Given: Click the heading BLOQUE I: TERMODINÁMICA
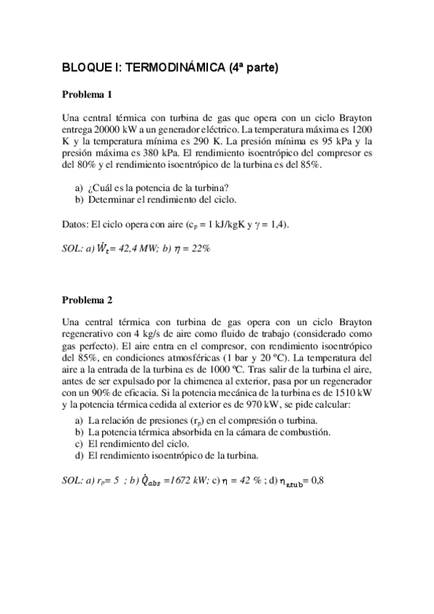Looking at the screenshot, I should (170, 69).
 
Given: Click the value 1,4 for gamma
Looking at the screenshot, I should (279, 225).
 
